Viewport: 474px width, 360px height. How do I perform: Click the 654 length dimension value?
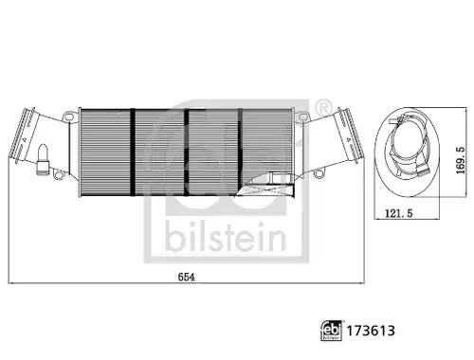point(187,277)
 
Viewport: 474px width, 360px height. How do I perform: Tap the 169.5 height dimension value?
point(461,160)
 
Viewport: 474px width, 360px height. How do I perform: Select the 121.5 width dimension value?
point(399,213)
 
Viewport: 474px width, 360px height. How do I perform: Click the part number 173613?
point(371,331)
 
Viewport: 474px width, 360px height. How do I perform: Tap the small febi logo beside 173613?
point(332,331)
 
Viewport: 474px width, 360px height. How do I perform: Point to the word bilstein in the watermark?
point(226,237)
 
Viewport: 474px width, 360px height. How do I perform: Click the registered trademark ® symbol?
point(323,108)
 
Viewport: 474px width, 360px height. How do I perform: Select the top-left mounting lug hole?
point(69,117)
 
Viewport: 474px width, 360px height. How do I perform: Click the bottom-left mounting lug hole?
point(58,174)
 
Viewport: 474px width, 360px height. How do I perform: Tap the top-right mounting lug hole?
point(303,117)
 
